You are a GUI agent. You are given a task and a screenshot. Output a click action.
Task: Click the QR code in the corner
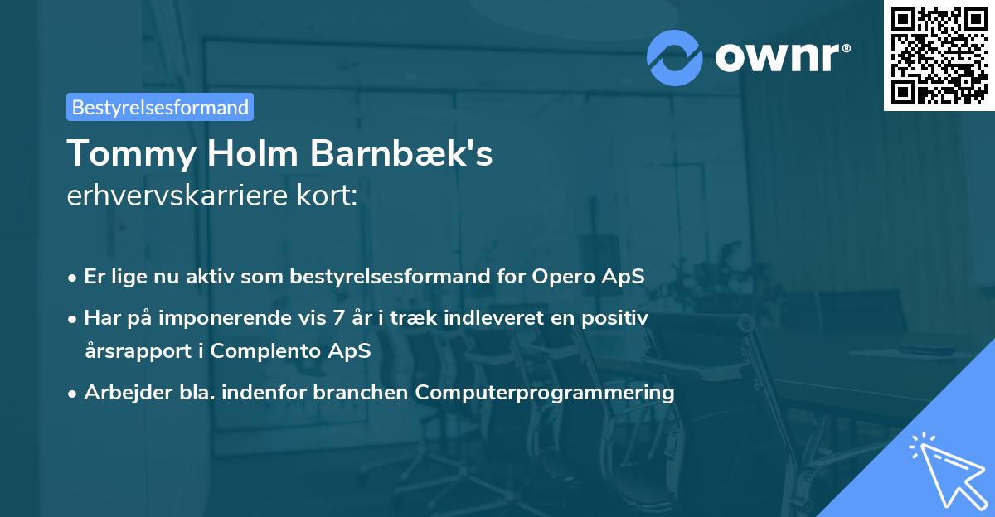tap(939, 56)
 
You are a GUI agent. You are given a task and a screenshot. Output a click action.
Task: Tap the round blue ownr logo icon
tap(675, 57)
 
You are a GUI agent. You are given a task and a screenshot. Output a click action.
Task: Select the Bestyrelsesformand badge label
tap(160, 107)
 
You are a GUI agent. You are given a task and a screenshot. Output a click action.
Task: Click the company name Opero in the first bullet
tap(557, 277)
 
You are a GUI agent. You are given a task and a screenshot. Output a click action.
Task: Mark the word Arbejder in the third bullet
tap(119, 392)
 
